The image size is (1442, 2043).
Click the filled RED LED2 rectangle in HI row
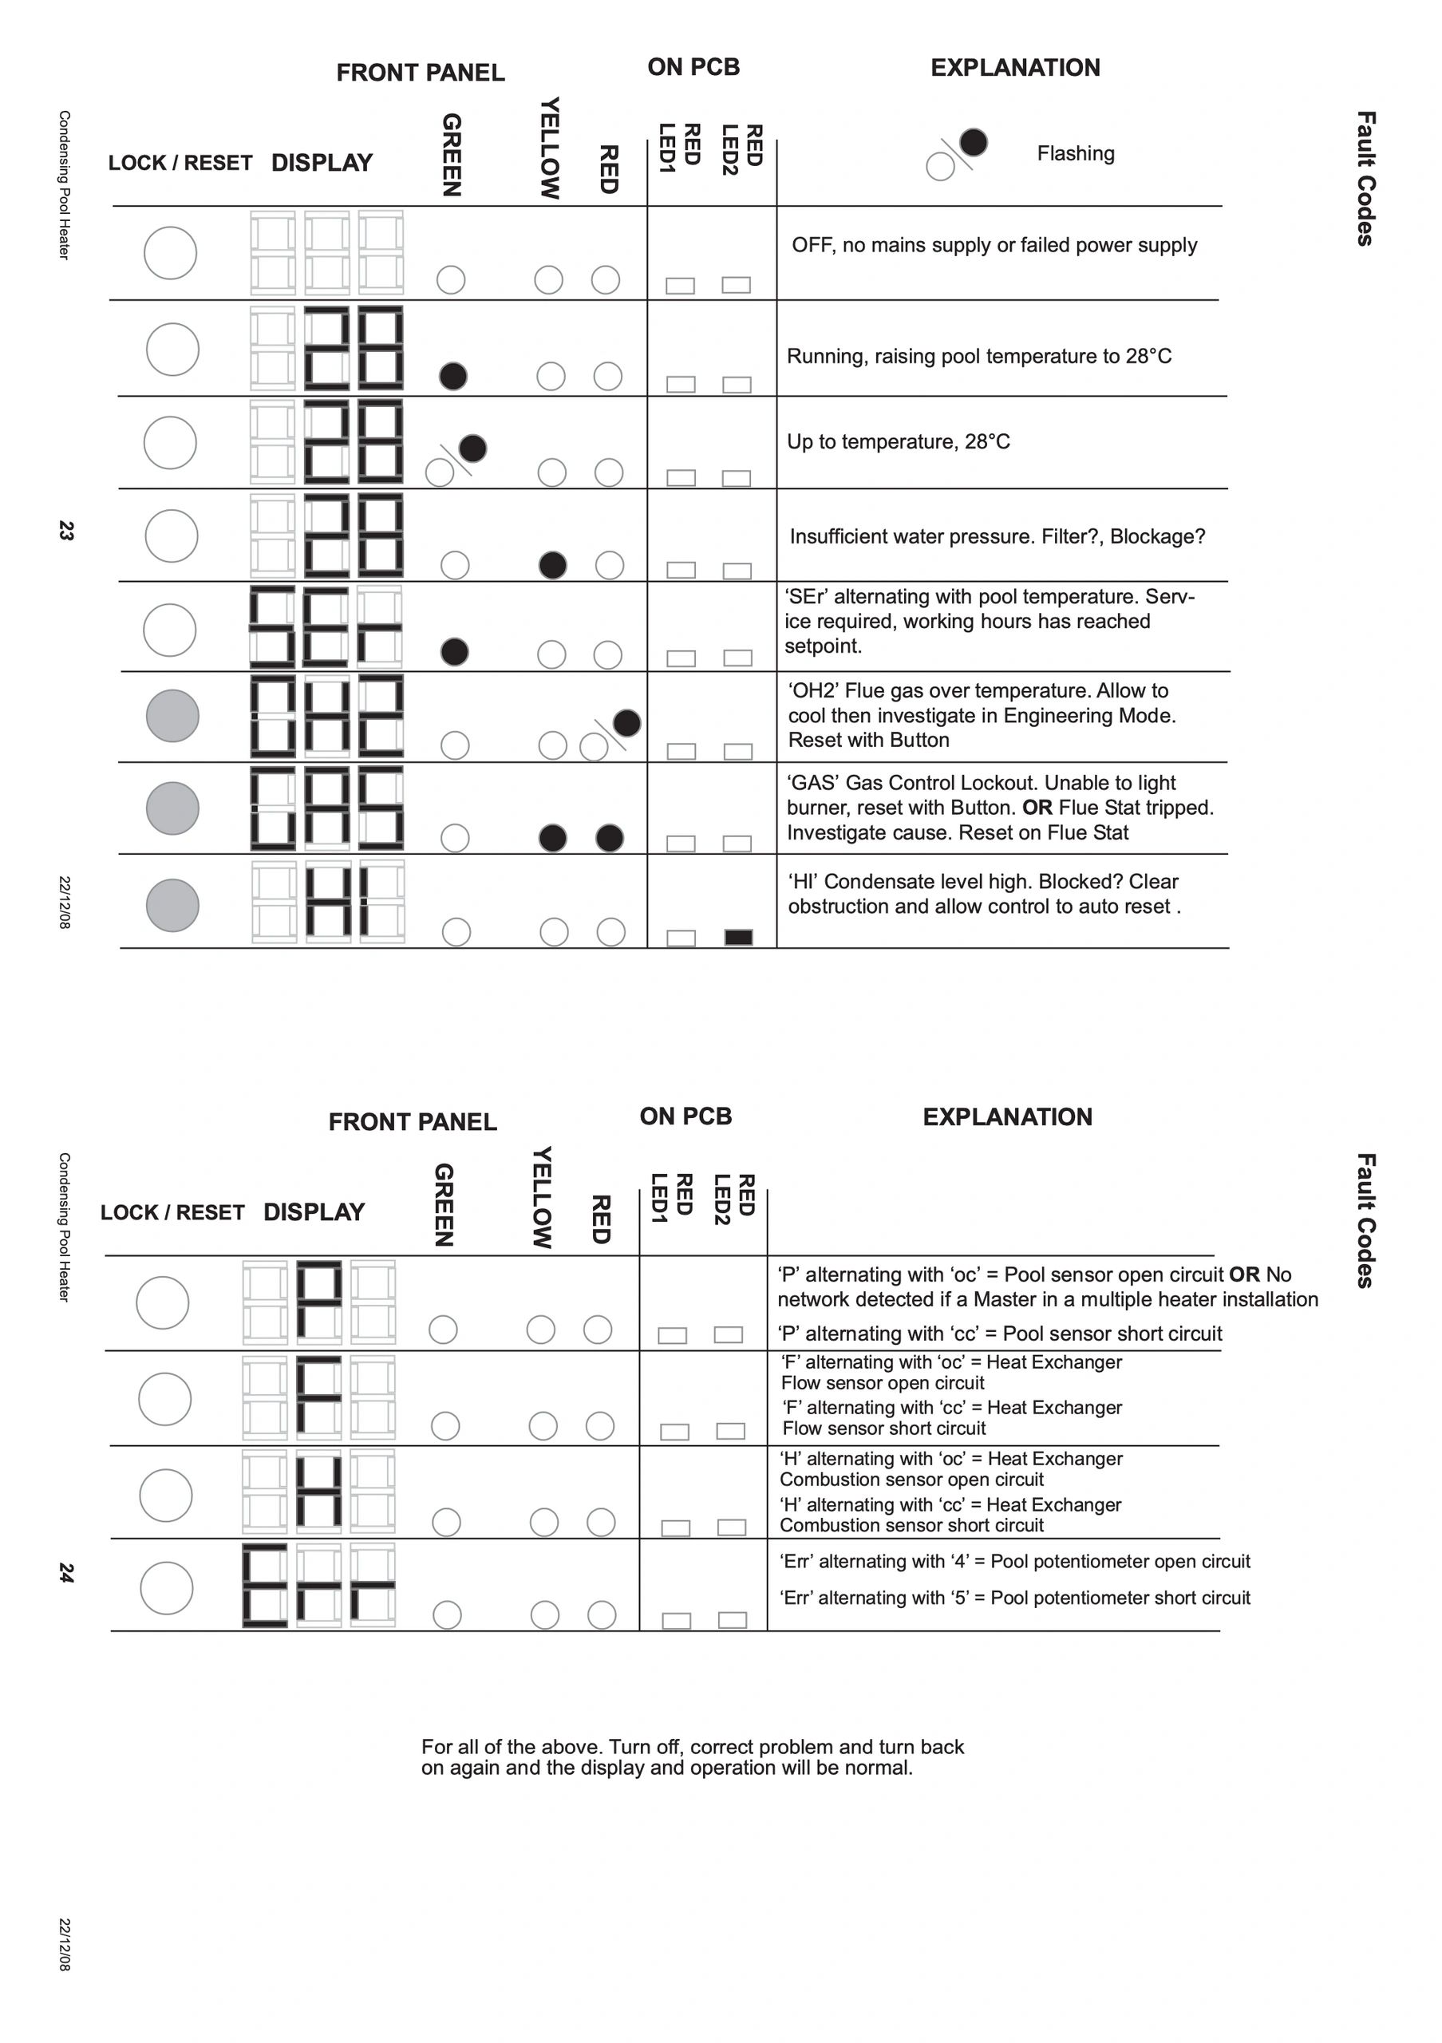738,937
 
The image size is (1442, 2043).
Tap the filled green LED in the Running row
452,377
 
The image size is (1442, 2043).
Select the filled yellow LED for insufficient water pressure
552,565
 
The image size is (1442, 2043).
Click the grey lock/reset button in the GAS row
172,808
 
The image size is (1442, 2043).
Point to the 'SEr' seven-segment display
326,626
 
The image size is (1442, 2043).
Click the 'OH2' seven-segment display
326,717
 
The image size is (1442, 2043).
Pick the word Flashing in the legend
1075,153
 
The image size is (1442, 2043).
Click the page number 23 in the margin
65,531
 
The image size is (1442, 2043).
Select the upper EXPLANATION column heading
1015,68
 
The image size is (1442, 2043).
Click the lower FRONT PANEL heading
412,1121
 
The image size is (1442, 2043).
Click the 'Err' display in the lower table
318,1586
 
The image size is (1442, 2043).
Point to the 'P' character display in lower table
318,1301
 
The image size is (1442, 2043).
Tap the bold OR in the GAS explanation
1037,808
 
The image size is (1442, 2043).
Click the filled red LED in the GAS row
610,837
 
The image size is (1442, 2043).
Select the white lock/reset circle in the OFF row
170,253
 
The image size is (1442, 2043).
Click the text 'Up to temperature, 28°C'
898,442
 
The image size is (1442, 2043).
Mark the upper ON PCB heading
693,67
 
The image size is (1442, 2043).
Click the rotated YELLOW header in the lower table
542,1197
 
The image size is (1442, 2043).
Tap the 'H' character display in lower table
318,1492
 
